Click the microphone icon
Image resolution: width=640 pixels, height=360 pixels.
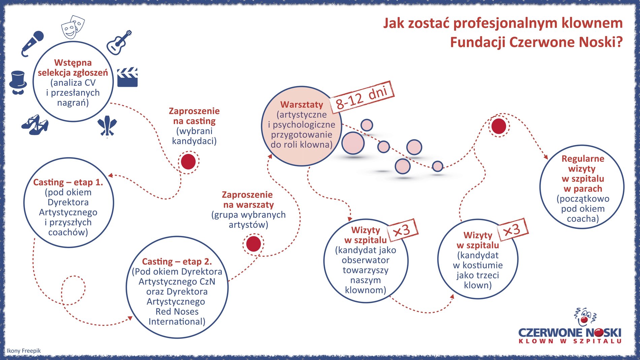coord(33,43)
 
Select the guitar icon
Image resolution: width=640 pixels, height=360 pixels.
coord(119,42)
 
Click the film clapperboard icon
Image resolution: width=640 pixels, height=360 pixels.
coord(127,77)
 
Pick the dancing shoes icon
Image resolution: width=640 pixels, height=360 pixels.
coord(35,125)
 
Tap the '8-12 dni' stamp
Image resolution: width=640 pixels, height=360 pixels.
coord(362,97)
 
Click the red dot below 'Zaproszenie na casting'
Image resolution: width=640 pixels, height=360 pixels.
coord(188,162)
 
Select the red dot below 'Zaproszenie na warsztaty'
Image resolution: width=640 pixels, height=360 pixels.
coord(253,244)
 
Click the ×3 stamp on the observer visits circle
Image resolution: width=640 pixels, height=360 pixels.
coord(402,230)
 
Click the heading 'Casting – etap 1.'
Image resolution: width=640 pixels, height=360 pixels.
coord(68,182)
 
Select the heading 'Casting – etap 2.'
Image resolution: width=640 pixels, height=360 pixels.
coord(177,262)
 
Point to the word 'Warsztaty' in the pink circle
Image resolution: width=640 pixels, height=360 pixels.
coord(301,104)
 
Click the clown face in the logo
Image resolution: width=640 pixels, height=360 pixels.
coord(585,317)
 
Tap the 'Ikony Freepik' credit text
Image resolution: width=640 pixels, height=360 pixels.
coord(24,351)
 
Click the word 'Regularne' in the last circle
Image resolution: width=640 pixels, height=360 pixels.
coord(583,159)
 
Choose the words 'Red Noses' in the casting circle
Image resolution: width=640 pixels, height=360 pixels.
coord(177,311)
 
